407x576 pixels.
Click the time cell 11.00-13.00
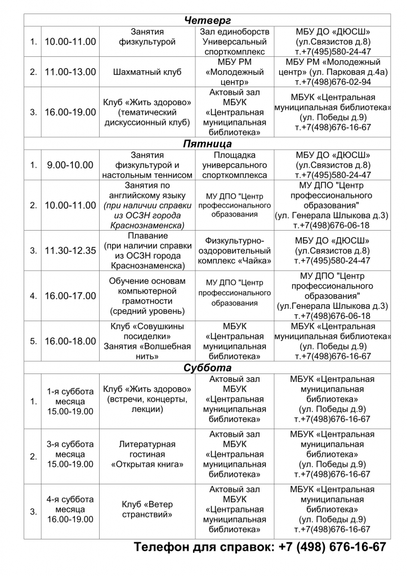pyautogui.click(x=70, y=72)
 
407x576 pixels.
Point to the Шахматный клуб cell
pyautogui.click(x=147, y=72)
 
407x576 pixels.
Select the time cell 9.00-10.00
pyautogui.click(x=70, y=165)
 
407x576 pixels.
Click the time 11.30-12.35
pyautogui.click(x=70, y=250)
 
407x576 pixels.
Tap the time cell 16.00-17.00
pyautogui.click(x=70, y=295)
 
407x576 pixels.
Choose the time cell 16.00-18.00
pyautogui.click(x=70, y=341)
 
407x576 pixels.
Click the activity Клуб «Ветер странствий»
pyautogui.click(x=147, y=508)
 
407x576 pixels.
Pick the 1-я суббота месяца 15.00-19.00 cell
pyautogui.click(x=70, y=402)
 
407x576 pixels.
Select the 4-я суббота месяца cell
pyautogui.click(x=70, y=508)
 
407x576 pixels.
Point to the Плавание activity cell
pyautogui.click(x=147, y=250)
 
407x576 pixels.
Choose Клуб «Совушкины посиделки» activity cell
pyautogui.click(x=147, y=341)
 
